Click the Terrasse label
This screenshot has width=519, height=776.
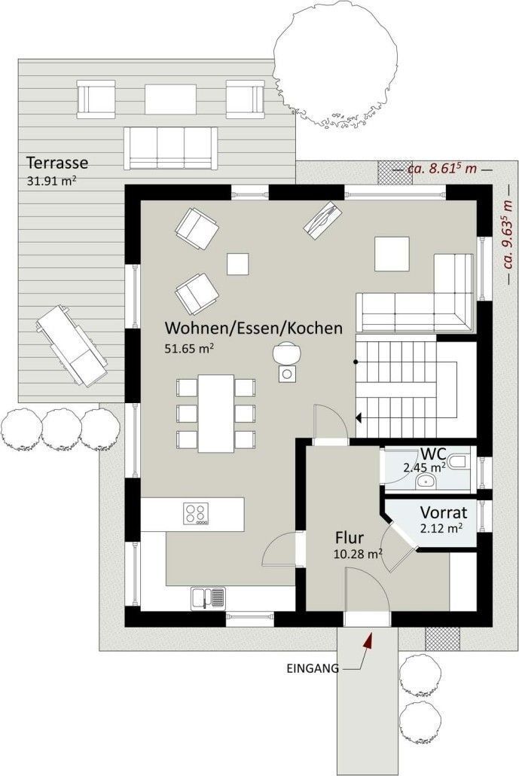(57, 162)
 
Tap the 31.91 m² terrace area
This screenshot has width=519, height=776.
(51, 180)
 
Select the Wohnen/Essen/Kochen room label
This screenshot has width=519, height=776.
(253, 328)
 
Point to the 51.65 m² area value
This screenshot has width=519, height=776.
(189, 348)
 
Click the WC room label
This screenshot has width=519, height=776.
(433, 453)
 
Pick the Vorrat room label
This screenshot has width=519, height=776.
(444, 512)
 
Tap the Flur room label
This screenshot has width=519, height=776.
(350, 537)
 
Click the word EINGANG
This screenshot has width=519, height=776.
(313, 668)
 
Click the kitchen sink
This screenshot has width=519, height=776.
(208, 598)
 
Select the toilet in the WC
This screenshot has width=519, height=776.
(459, 461)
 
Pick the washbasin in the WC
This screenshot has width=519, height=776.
(425, 480)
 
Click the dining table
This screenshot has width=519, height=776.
(216, 414)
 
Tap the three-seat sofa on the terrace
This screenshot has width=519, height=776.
(170, 148)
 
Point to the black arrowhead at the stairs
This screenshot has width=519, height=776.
(359, 418)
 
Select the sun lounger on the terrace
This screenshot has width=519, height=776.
(72, 345)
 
